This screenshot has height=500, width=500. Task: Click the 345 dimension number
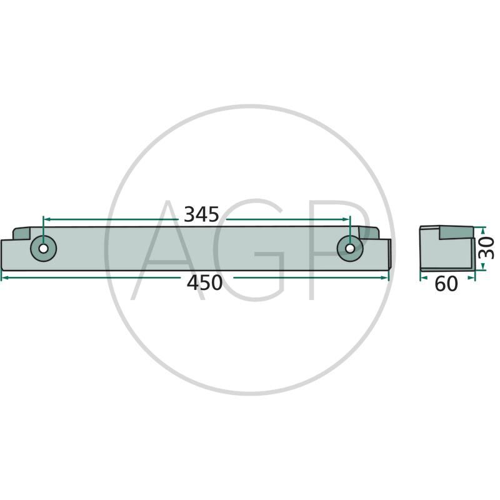tap(201, 214)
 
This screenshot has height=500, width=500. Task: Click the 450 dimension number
tap(204, 283)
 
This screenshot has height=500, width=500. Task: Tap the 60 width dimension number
tap(446, 284)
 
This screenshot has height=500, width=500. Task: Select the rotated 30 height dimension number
tap(487, 247)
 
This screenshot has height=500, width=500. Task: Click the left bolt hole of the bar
tap(43, 248)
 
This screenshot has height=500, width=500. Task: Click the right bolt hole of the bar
tap(350, 248)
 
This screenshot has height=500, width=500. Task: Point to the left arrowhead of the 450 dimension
tap(4, 278)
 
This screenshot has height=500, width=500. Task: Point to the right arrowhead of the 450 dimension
tap(385, 278)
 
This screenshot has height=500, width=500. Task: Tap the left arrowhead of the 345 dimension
tap(47, 219)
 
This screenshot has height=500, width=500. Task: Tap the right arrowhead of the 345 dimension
tap(346, 219)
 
